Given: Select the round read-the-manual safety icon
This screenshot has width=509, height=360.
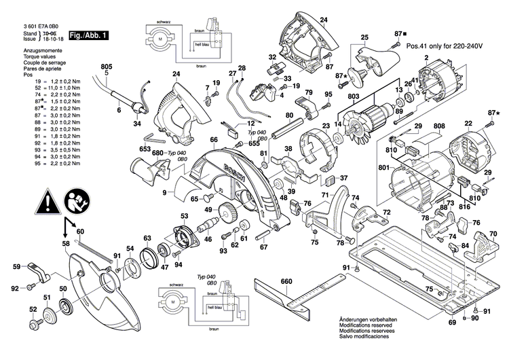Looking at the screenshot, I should [x=76, y=202].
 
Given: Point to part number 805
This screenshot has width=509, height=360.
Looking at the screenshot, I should [x=106, y=67].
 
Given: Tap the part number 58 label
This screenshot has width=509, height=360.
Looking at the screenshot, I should [x=66, y=242].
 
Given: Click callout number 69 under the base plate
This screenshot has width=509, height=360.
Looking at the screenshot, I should [x=452, y=323].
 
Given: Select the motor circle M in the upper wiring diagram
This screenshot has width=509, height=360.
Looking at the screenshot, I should [x=159, y=41].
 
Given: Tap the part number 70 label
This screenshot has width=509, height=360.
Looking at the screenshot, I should [x=493, y=233].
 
